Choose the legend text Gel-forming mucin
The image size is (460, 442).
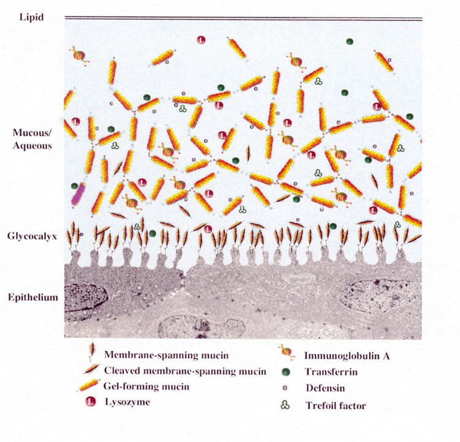pos(145,387)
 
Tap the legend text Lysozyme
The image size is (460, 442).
pos(126,403)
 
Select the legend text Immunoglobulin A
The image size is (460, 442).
pos(347,356)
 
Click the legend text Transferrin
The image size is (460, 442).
pos(331,372)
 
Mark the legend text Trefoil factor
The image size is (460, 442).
pos(336,405)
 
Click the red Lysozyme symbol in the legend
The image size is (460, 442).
pos(91,402)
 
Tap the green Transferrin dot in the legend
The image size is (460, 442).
pos(286,372)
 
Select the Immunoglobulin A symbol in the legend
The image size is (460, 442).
pos(286,356)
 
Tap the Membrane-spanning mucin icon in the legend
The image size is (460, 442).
pos(91,354)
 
